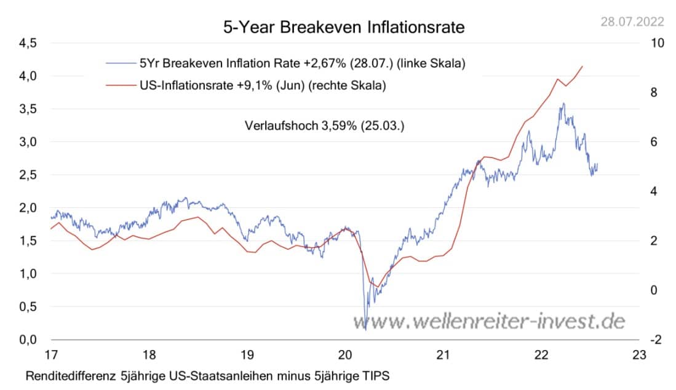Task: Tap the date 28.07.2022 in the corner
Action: [x=633, y=22]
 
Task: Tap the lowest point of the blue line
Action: [x=365, y=330]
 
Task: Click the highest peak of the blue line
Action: [x=562, y=104]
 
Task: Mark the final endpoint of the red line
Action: [x=583, y=66]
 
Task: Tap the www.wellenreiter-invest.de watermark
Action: [x=489, y=320]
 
